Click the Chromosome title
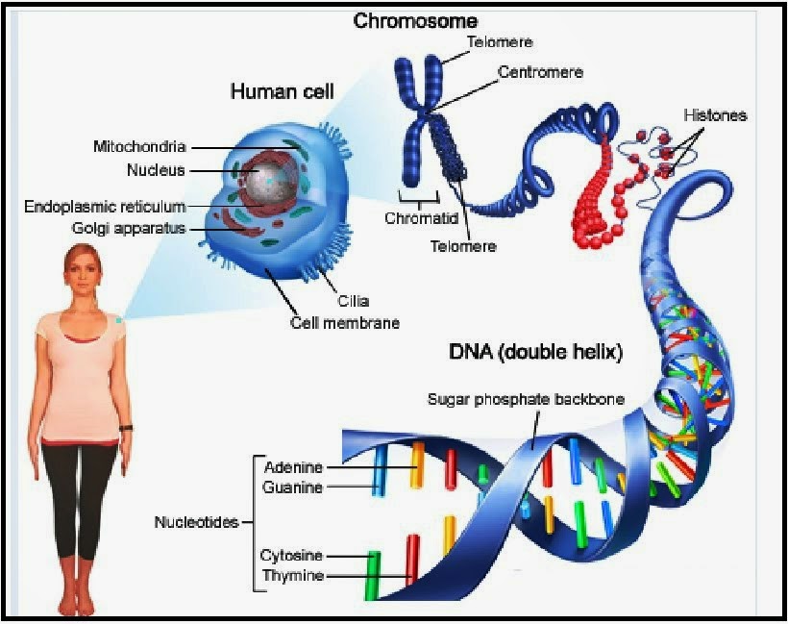click(x=416, y=20)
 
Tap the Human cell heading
click(x=282, y=92)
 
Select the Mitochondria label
click(x=139, y=147)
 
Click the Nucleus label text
click(x=156, y=171)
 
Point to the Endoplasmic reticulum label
click(x=105, y=207)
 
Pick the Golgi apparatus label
click(x=129, y=228)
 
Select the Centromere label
click(x=540, y=72)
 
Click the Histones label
click(x=715, y=115)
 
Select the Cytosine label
click(x=291, y=556)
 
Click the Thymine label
click(x=292, y=576)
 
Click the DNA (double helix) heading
click(x=536, y=353)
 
